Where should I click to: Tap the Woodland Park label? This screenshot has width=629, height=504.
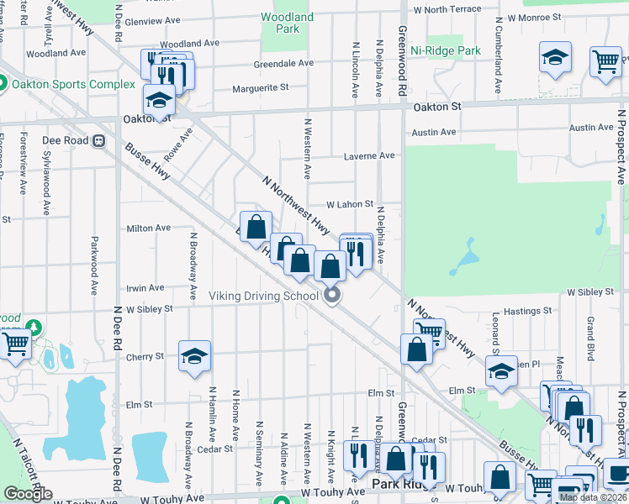pyautogui.click(x=287, y=23)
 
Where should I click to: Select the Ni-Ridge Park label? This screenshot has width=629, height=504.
pyautogui.click(x=446, y=50)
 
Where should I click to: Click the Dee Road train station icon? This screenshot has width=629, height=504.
pyautogui.click(x=98, y=141)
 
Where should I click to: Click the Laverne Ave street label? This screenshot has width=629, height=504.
pyautogui.click(x=369, y=155)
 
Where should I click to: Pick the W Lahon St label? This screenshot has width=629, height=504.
pyautogui.click(x=349, y=204)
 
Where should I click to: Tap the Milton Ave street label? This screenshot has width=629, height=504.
pyautogui.click(x=148, y=228)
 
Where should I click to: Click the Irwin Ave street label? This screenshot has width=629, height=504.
pyautogui.click(x=145, y=287)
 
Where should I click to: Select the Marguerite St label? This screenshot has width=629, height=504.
pyautogui.click(x=260, y=87)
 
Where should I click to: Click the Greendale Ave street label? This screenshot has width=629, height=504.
pyautogui.click(x=283, y=63)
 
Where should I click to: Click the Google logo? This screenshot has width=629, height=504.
pyautogui.click(x=28, y=495)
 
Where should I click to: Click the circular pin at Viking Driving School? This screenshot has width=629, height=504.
pyautogui.click(x=332, y=295)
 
